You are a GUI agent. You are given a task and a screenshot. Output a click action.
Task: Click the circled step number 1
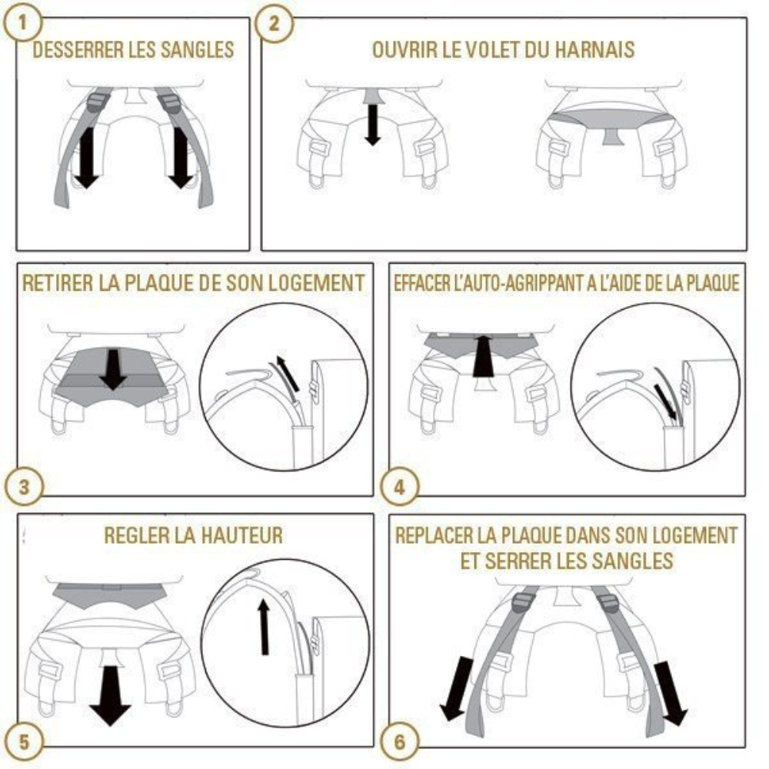25,22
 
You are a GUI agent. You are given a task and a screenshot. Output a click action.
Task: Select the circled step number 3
25,487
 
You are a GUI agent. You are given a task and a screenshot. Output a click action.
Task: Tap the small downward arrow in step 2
373,122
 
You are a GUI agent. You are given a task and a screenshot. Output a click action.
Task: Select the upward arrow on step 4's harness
484,355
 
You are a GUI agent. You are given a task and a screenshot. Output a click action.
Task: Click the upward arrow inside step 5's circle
265,627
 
